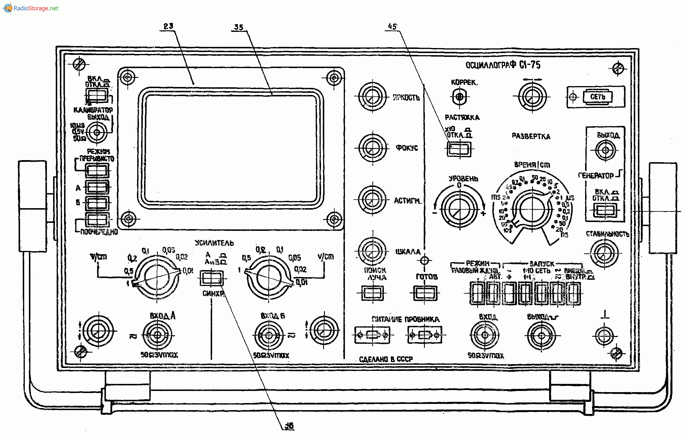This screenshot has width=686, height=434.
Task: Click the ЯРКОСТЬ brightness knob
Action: pos(372,97)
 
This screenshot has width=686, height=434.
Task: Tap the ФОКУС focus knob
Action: pos(372,148)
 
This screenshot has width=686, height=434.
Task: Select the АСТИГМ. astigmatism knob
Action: pos(372,200)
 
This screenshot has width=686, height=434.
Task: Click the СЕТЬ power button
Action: pos(597,97)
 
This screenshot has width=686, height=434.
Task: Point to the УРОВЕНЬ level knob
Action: pos(459,209)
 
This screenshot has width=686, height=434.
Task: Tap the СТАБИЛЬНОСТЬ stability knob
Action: pos(604,253)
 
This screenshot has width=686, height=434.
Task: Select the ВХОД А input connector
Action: pos(157,335)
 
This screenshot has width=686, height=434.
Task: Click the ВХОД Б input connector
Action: pos(269,335)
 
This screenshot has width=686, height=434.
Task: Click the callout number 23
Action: pos(168,26)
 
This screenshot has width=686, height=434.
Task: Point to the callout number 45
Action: pos(392,27)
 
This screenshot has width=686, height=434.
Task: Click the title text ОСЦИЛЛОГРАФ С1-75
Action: pos(503,65)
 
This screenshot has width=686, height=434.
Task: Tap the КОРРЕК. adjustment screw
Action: pos(459,96)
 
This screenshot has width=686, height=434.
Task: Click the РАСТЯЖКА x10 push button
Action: pos(459,149)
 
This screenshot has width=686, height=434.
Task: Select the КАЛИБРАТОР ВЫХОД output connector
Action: pos(96,132)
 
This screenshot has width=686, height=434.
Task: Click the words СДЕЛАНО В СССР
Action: pos(386,359)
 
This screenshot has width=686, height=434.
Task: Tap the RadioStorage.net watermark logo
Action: pos(31,8)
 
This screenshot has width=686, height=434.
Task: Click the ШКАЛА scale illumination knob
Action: pos(372,251)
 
